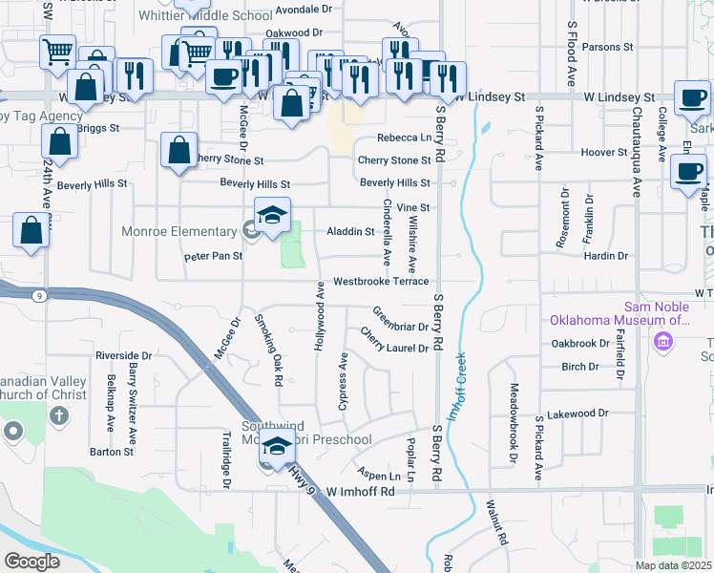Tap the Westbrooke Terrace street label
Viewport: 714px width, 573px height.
point(381,283)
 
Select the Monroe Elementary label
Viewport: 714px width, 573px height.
point(178,231)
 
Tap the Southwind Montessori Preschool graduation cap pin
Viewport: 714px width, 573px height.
point(277,447)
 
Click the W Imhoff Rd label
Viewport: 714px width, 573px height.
point(360,491)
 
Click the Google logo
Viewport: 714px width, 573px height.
point(31,561)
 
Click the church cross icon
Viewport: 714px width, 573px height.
point(59,415)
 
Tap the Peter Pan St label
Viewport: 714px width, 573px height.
point(213,256)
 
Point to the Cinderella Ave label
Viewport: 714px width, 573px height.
point(387,232)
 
